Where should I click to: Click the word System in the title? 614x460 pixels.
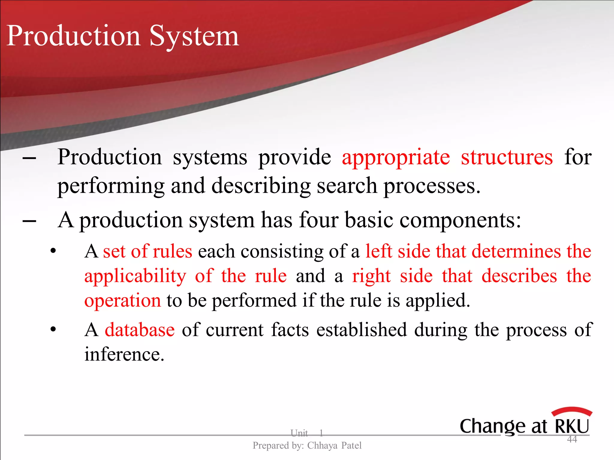point(194,37)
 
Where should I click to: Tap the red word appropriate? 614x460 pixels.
point(396,158)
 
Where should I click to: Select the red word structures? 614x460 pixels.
point(507,157)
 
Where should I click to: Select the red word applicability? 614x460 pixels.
point(135,276)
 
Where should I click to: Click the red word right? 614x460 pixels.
point(371,276)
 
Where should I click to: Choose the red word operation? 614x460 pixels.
point(123,301)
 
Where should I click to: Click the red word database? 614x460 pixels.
point(140,330)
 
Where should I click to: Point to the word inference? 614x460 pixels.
point(124,354)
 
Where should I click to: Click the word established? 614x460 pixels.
point(361,330)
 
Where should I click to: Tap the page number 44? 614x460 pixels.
point(572,439)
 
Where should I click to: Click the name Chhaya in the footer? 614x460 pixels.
point(322,446)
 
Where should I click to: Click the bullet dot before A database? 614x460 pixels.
point(53,330)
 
